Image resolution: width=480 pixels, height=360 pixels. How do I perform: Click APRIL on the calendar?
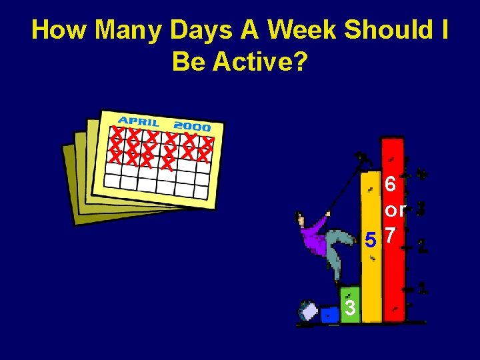tap(139, 122)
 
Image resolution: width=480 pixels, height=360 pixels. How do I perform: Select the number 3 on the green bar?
tap(350, 307)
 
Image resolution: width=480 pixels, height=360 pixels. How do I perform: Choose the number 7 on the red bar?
tap(393, 237)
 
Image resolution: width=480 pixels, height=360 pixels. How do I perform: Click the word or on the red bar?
tap(395, 211)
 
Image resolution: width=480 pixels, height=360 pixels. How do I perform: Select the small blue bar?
tap(329, 315)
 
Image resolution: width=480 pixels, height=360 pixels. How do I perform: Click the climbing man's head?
tap(301, 219)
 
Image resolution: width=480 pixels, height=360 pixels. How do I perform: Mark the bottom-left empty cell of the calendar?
tap(112, 179)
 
